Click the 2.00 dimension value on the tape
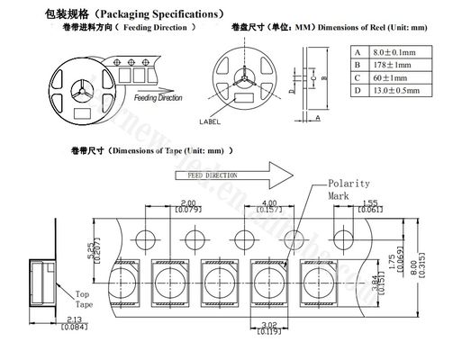[188, 202]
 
